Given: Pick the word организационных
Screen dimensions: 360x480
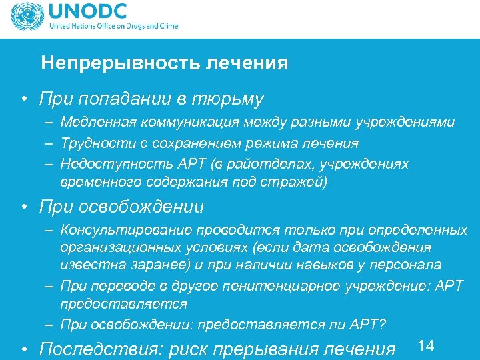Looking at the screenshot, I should [x=111, y=247].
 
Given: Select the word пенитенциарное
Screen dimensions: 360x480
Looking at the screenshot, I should [x=250, y=286].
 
